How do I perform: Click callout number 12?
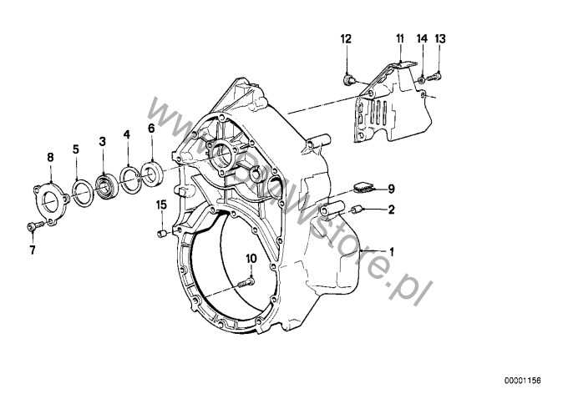347,39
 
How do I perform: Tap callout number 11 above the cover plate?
400,39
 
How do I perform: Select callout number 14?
422,39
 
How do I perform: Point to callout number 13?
441,39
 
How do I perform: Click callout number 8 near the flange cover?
50,157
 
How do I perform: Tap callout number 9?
390,189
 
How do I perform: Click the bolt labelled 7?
31,226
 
